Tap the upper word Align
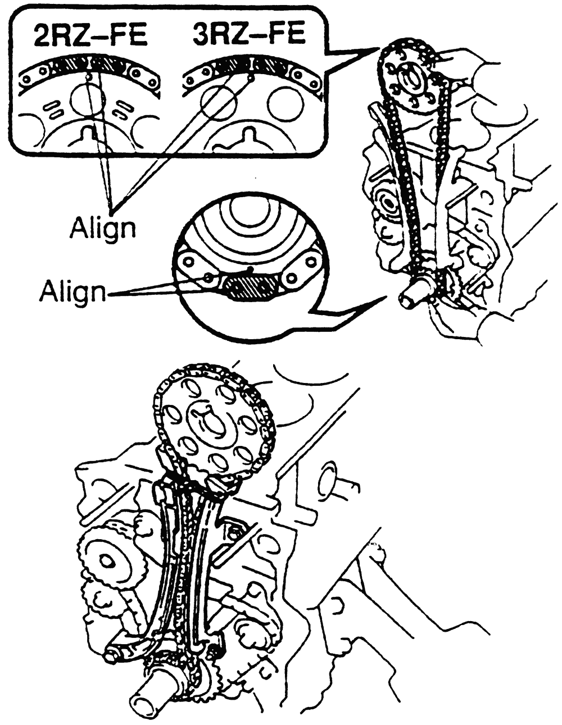tap(103, 227)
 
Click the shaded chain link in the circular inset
tap(250, 285)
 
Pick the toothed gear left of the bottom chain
tap(110, 560)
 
